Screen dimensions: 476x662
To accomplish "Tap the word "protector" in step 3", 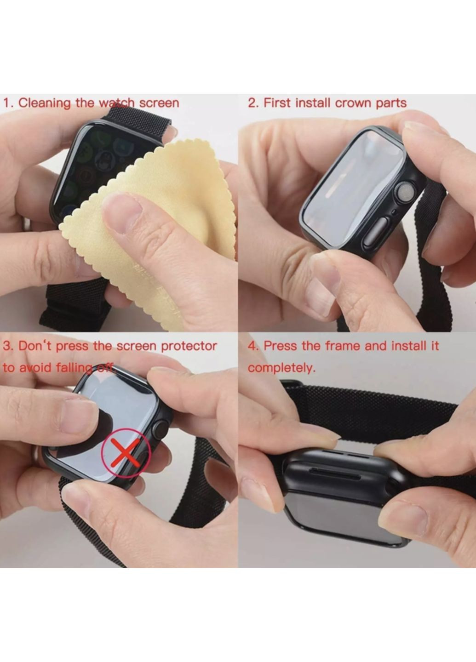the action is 189,346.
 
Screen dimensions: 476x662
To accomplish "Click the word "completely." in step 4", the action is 281,368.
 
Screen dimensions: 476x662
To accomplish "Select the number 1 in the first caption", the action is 7,103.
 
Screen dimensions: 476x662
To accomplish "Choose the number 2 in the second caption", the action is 253,103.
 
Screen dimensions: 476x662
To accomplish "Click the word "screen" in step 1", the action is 159,103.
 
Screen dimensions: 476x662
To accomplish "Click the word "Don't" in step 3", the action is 34,346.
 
